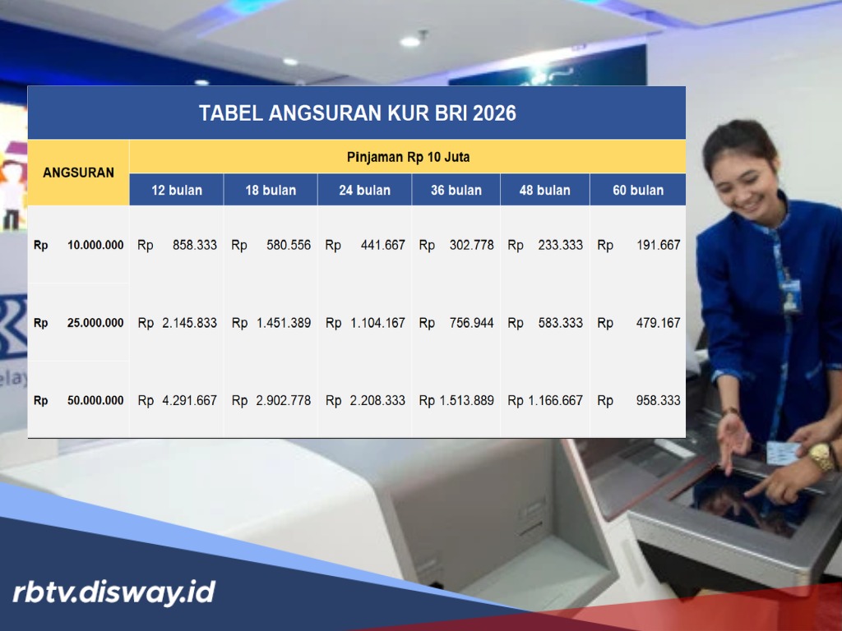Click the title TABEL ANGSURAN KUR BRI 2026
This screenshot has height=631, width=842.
pyautogui.click(x=357, y=113)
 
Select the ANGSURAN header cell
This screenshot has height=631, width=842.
pyautogui.click(x=78, y=173)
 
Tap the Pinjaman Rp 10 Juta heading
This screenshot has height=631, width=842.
pyautogui.click(x=408, y=156)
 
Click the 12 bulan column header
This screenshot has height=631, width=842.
pyautogui.click(x=176, y=190)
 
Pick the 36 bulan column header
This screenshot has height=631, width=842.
pyautogui.click(x=456, y=190)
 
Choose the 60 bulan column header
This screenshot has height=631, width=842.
pyautogui.click(x=638, y=190)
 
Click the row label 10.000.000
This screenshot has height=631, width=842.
pyautogui.click(x=95, y=245)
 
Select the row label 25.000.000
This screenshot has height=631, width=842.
pyautogui.click(x=95, y=323)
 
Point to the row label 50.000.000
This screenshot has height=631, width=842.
pyautogui.click(x=95, y=400)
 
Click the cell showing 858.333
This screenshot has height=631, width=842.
pyautogui.click(x=195, y=245)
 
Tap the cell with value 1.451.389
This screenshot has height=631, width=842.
pyautogui.click(x=283, y=323)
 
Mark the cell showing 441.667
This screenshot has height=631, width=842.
pyautogui.click(x=382, y=245)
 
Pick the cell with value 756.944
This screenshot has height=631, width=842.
pyautogui.click(x=471, y=323)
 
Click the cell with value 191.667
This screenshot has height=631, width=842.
pyautogui.click(x=658, y=245)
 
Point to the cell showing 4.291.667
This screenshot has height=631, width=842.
pyautogui.click(x=189, y=400)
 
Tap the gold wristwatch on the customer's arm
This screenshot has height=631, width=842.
pyautogui.click(x=821, y=457)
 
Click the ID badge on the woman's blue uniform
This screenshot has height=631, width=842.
pyautogui.click(x=791, y=297)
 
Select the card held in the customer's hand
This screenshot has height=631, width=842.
pyautogui.click(x=782, y=453)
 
